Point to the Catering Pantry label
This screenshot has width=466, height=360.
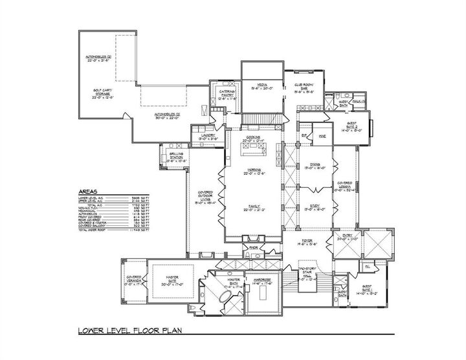coord(227,94)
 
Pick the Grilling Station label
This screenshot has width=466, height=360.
coord(176,155)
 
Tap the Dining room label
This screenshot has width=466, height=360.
coord(315,165)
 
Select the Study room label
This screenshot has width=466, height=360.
coord(315,207)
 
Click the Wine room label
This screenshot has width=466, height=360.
coord(321,136)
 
